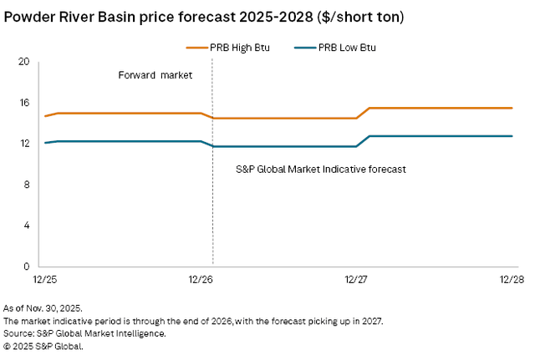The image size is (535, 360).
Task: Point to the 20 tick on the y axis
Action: (23, 62)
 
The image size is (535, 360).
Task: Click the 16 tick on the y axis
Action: (23, 103)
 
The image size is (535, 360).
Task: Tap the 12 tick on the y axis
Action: (23, 144)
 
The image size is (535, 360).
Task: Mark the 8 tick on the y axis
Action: (26, 185)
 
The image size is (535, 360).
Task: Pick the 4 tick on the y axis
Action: (26, 226)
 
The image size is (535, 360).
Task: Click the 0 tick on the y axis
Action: (26, 266)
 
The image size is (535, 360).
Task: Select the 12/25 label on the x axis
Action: (45, 278)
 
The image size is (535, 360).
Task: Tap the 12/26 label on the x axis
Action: (201, 278)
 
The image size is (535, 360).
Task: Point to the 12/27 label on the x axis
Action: (356, 278)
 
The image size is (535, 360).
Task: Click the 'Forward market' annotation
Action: (155, 75)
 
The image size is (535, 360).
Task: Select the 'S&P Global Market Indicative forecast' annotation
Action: (321, 169)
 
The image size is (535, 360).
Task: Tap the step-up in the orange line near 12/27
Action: (364, 113)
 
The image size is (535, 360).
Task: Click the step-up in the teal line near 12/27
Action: (364, 141)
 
